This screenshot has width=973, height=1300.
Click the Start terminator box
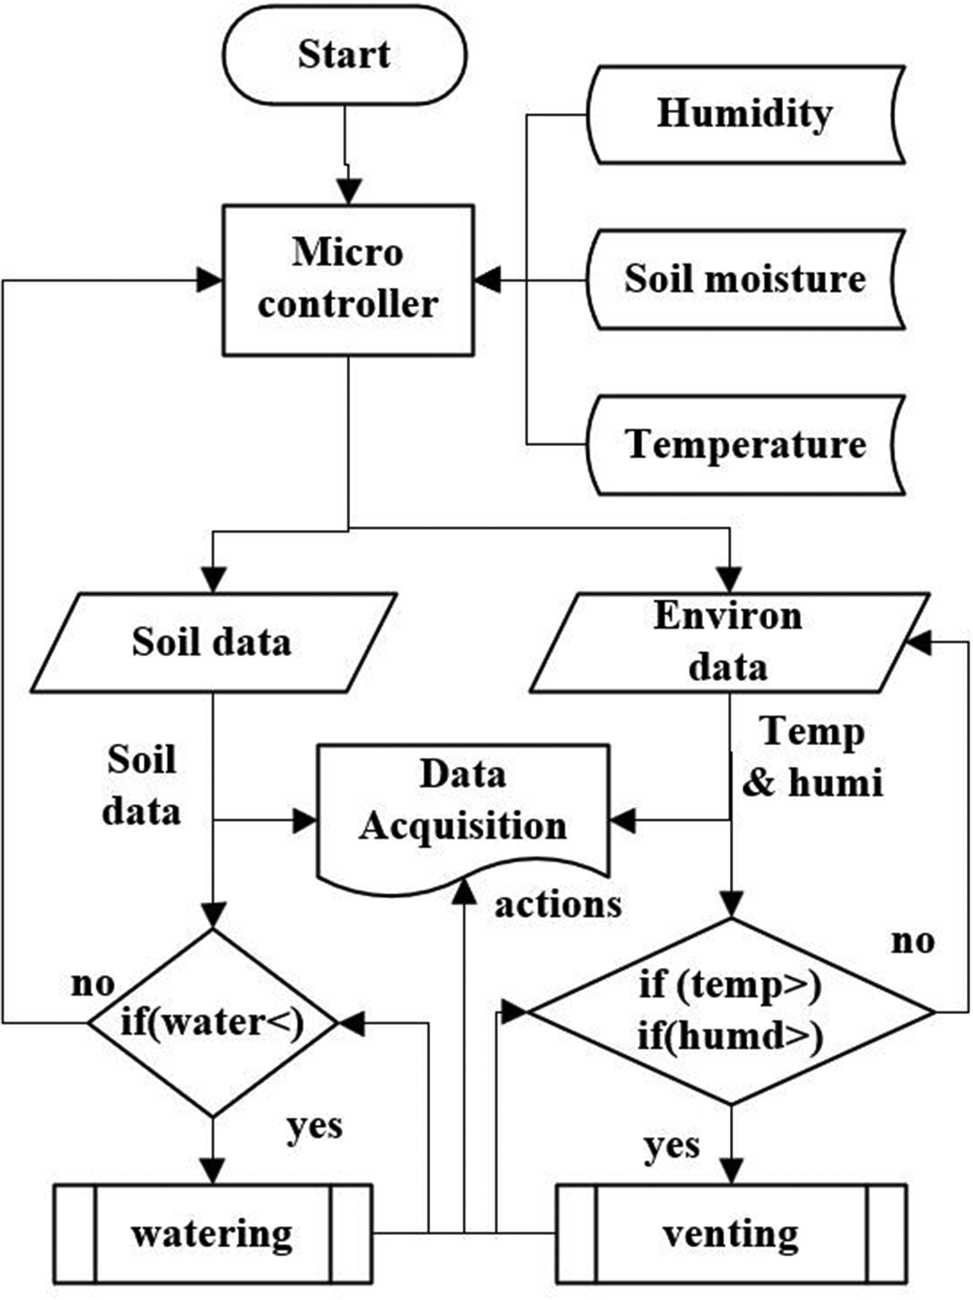[344, 55]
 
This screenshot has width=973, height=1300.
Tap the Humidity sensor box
[745, 114]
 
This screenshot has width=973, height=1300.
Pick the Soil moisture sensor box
[745, 279]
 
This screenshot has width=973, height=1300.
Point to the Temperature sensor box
[745, 445]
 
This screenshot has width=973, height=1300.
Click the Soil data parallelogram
[213, 642]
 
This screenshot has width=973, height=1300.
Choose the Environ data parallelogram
[729, 642]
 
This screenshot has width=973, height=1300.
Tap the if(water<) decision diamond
[213, 1023]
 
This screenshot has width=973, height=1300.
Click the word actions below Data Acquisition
[557, 905]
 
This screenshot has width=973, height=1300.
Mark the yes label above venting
[671, 1146]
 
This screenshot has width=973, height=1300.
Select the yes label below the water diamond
[314, 1127]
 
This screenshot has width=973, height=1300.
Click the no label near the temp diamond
[912, 941]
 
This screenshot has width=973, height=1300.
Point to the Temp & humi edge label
[813, 758]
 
